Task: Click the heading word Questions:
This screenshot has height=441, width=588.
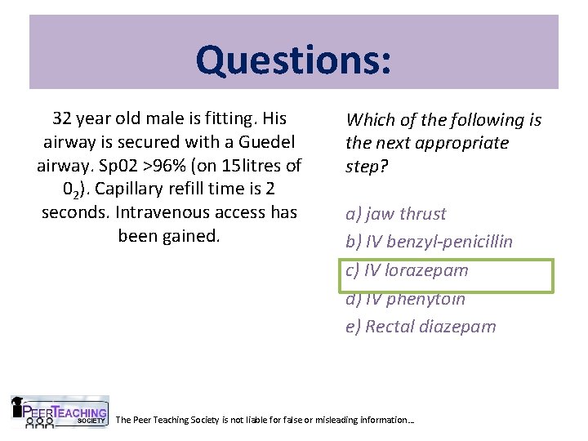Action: pyautogui.click(x=293, y=59)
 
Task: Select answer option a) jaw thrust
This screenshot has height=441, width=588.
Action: pyautogui.click(x=396, y=214)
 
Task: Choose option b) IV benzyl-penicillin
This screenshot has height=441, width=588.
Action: pyautogui.click(x=429, y=242)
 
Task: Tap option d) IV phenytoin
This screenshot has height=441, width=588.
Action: pyautogui.click(x=405, y=299)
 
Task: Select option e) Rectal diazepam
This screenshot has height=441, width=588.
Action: pyautogui.click(x=421, y=327)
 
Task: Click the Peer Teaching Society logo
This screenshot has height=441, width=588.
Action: pyautogui.click(x=60, y=413)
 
